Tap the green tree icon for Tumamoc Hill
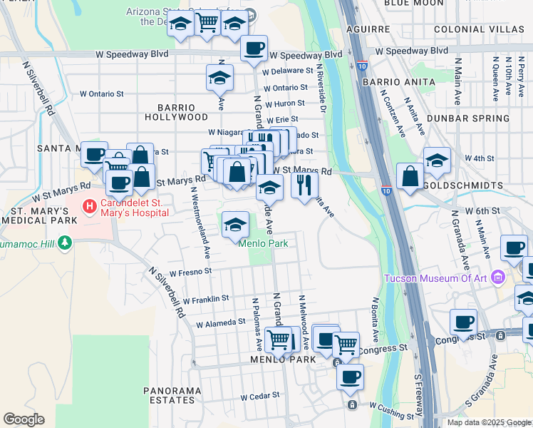tap(66, 243)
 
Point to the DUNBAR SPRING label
tap(468, 118)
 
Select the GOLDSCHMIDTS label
tap(464, 185)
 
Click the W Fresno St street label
tap(186, 271)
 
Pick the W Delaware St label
tap(288, 71)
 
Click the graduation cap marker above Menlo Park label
tap(235, 225)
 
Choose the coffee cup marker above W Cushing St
tap(349, 377)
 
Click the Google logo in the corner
tap(24, 419)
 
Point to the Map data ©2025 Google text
tap(489, 422)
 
